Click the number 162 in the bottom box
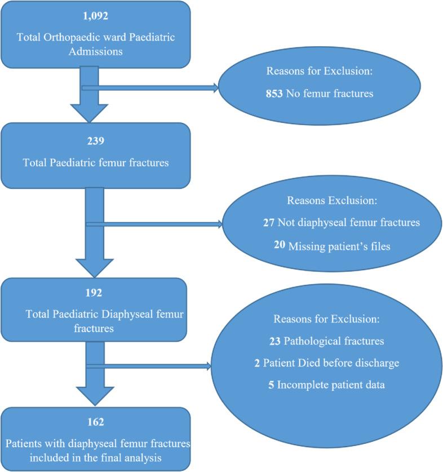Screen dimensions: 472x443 (95, 421)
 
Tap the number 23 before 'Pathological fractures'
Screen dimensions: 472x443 (275, 342)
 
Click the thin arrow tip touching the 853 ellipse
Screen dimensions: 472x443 (216, 88)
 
